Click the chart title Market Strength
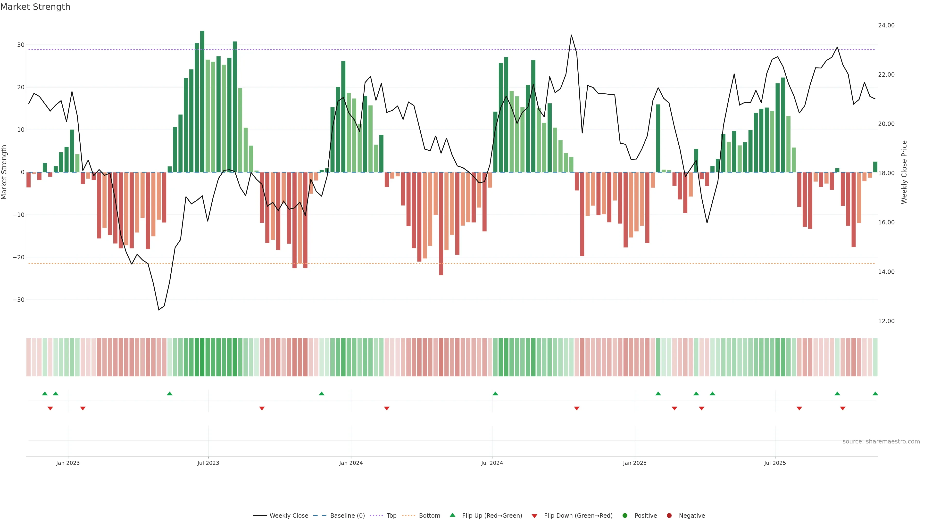point(35,7)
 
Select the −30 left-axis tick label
point(18,300)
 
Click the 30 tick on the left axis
point(21,45)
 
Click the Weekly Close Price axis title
point(904,172)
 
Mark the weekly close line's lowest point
point(159,310)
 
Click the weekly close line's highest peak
point(571,35)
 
